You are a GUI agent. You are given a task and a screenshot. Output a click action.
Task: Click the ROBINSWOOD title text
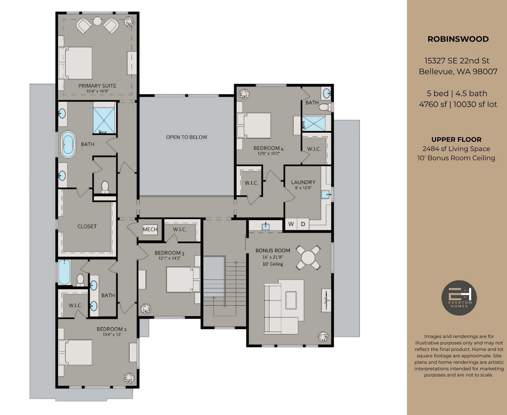click(x=458, y=39)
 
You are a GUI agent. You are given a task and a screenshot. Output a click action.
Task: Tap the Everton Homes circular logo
click(x=459, y=298)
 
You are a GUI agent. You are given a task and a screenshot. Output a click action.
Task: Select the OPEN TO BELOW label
click(x=186, y=137)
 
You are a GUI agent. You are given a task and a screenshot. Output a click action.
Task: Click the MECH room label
click(x=150, y=229)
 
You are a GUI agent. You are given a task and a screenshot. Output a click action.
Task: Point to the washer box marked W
click(x=291, y=224)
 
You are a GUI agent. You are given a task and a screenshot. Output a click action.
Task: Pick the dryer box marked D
click(x=303, y=224)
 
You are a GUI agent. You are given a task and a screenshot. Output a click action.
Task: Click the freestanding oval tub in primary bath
click(x=68, y=144)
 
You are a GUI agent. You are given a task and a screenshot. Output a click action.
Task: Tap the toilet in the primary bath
click(x=105, y=187)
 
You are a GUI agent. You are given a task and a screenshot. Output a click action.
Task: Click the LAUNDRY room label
click(x=303, y=182)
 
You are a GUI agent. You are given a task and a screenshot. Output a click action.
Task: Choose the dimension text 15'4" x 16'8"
click(x=97, y=91)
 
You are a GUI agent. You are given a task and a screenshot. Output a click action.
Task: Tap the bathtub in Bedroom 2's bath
click(x=64, y=272)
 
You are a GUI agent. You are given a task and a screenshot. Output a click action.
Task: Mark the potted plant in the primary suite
click(x=129, y=21)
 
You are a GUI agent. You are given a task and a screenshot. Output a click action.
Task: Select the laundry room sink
click(x=326, y=194)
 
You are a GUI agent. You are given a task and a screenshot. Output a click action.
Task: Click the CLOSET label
click(x=87, y=226)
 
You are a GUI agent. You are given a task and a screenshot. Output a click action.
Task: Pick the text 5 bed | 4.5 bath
click(x=457, y=94)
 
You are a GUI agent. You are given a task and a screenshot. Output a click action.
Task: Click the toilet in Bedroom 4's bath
click(x=324, y=107)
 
